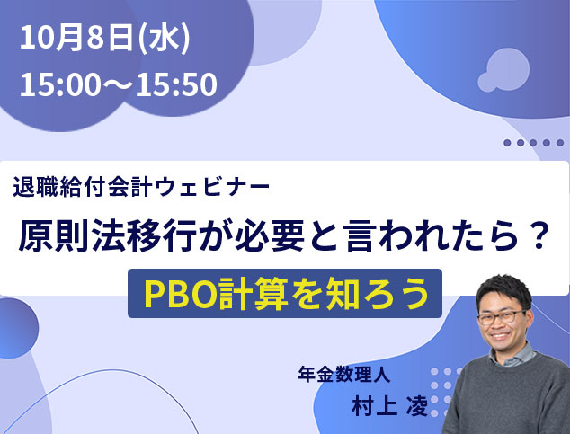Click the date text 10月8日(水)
[105, 38]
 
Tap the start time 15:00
[60, 84]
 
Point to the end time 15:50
[176, 84]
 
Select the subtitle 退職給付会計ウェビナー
[141, 187]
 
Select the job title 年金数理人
[344, 374]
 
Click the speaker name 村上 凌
[389, 405]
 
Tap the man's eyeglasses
[502, 317]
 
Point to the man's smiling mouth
[500, 335]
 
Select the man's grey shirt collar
[512, 355]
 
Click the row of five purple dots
[533, 143]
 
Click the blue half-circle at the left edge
[17, 328]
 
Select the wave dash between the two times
[118, 84]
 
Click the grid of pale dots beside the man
[444, 393]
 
